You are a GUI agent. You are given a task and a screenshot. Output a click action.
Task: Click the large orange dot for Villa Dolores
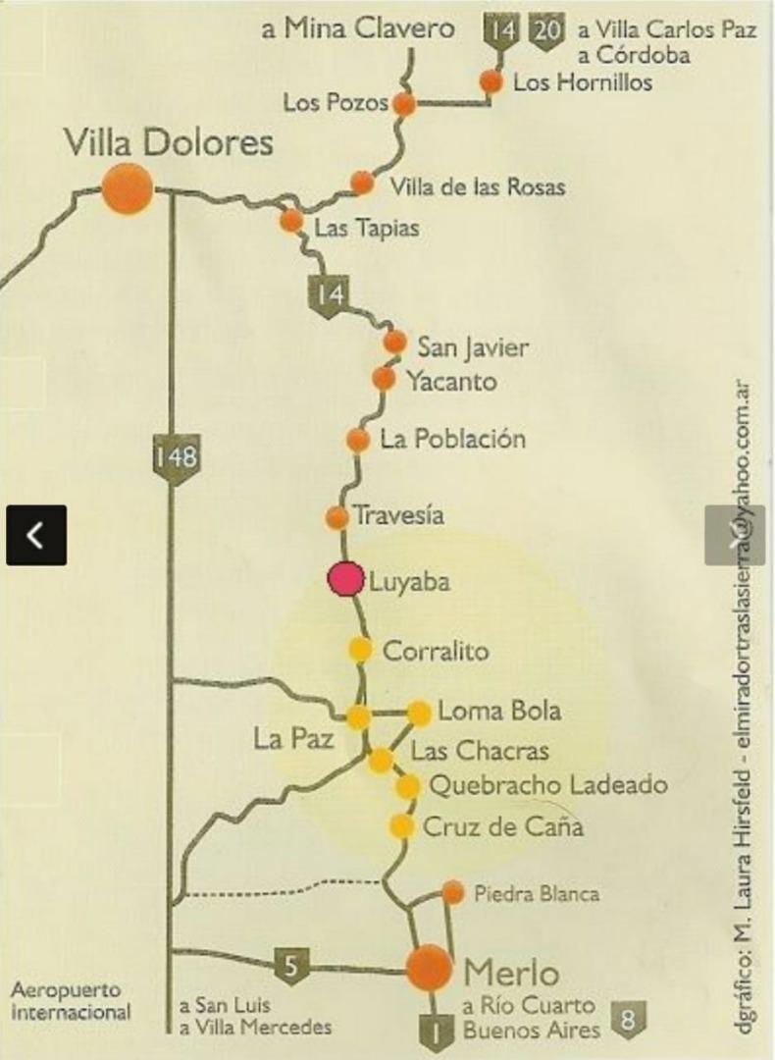[128, 187]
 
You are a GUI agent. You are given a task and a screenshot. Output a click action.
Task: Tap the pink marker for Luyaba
[345, 579]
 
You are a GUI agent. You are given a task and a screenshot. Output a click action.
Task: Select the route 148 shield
[176, 457]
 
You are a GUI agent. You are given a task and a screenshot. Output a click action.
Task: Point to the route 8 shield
[629, 1020]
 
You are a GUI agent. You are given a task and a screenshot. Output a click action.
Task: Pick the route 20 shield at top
[547, 30]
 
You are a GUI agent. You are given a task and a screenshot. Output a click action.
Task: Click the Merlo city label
[511, 973]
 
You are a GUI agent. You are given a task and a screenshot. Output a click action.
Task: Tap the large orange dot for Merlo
[430, 968]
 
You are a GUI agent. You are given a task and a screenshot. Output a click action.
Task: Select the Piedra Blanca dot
[452, 892]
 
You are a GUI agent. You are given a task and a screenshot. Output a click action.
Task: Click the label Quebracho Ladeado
[549, 785]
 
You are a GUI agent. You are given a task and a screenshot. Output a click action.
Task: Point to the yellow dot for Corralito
[361, 649]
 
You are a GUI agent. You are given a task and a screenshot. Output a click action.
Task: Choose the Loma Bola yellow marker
[419, 713]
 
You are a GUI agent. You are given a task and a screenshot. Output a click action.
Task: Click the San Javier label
[473, 346]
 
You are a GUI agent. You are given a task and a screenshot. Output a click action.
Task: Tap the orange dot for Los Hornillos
[491, 82]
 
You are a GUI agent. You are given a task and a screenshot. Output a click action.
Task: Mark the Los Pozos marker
[404, 104]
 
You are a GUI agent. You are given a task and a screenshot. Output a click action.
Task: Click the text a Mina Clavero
[358, 28]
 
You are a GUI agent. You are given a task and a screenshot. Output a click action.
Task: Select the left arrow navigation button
[36, 535]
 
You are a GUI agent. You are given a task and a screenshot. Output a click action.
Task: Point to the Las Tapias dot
[291, 221]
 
